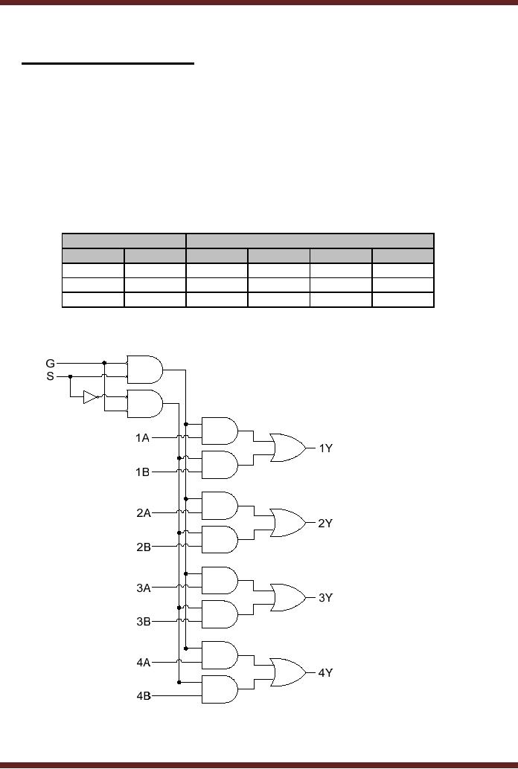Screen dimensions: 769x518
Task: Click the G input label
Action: click(51, 363)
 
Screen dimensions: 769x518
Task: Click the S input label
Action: click(51, 376)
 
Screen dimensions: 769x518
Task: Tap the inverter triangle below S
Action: click(90, 397)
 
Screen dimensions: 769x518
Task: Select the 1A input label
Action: click(143, 438)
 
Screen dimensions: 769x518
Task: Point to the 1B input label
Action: click(143, 472)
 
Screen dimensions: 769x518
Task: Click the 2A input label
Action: click(143, 512)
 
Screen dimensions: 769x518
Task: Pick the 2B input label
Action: click(143, 547)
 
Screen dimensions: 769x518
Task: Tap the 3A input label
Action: click(143, 588)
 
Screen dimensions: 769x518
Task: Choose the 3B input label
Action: click(143, 621)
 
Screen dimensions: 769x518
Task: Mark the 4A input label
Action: click(143, 661)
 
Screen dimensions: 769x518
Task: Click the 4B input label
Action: click(143, 696)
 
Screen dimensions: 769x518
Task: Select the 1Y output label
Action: click(325, 448)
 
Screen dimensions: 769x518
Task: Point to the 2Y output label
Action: click(325, 524)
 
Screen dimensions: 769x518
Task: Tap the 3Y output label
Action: click(325, 597)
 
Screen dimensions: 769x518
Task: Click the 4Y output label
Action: click(325, 672)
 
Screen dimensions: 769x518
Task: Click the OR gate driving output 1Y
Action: click(288, 448)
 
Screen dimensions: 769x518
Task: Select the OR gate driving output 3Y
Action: click(288, 597)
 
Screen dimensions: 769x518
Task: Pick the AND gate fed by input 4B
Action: click(220, 689)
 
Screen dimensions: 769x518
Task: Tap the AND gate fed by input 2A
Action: click(220, 506)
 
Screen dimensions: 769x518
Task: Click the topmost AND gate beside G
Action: click(145, 369)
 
